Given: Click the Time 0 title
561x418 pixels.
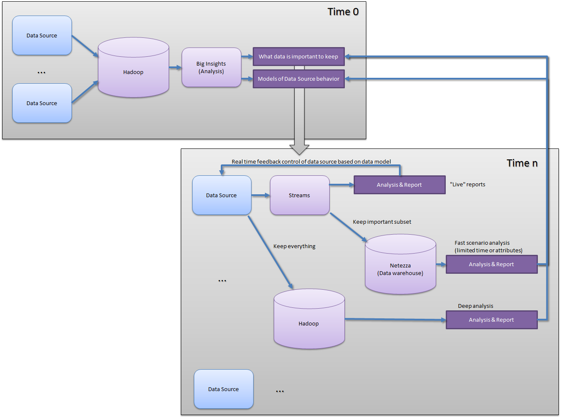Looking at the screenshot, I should (x=343, y=12).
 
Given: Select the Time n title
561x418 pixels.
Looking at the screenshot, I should (x=522, y=163).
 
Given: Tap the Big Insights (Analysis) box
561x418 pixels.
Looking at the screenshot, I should (x=212, y=67).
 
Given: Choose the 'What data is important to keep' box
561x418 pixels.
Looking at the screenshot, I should (x=299, y=57).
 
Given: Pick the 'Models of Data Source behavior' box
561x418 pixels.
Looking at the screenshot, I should (x=299, y=79).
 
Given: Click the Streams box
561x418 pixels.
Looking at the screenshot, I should (x=299, y=195).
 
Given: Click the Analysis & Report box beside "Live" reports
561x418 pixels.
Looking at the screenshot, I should (x=400, y=185).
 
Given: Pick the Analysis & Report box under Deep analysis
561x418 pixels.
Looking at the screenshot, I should (x=492, y=320).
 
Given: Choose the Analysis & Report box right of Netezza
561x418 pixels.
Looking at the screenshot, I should (x=492, y=265).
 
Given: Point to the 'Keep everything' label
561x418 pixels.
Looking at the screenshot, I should (x=294, y=246).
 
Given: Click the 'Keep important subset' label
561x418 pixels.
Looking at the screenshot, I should (x=382, y=222).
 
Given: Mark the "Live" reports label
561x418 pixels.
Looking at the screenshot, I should (x=468, y=185).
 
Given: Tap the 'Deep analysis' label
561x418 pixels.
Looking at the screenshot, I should (x=476, y=306).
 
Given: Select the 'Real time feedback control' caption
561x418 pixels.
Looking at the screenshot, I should (x=311, y=162).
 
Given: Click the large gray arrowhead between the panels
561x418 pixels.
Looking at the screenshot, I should (x=299, y=149).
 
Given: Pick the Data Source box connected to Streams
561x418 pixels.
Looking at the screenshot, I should (x=222, y=195).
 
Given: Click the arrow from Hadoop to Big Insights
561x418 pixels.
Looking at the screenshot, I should (x=175, y=67).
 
